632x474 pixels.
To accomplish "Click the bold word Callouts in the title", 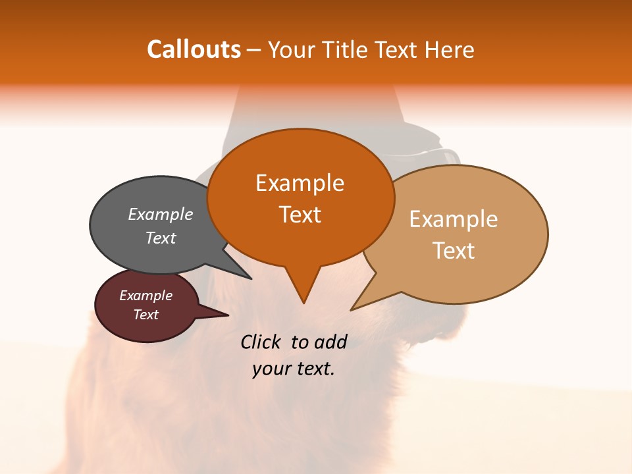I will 194,49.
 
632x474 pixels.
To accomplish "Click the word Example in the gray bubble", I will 161,215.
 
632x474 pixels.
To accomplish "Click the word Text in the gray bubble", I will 161,238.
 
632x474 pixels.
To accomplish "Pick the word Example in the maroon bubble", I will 145,296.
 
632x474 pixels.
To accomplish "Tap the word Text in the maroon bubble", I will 145,315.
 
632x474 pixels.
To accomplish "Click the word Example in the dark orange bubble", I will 300,183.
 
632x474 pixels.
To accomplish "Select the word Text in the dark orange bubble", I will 300,215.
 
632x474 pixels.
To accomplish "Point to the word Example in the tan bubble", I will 454,219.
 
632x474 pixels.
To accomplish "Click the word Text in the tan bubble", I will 454,251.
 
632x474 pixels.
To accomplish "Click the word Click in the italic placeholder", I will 262,342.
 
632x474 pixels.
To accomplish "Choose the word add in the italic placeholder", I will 329,342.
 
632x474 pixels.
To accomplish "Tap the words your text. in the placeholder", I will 294,369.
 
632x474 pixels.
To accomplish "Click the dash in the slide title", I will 254,50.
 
